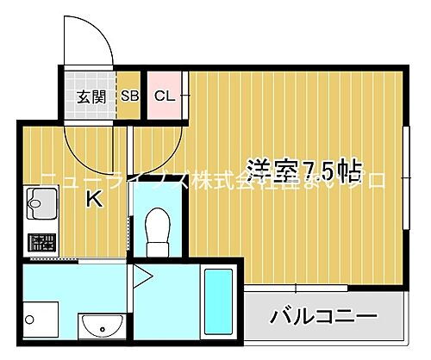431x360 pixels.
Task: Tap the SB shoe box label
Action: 131,96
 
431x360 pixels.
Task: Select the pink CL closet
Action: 164,96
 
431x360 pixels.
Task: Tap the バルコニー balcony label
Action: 324,317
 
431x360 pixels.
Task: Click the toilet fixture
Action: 157,230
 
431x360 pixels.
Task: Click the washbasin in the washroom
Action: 103,326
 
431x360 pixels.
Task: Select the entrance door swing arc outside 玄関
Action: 90,39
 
